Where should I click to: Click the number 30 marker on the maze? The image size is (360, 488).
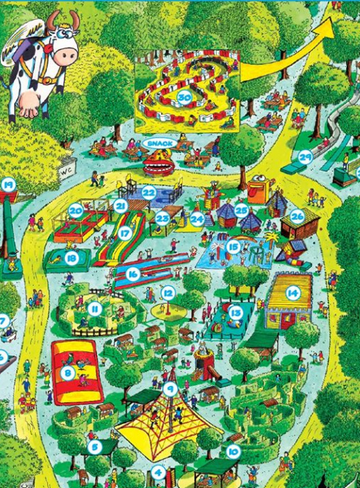(x=184, y=98)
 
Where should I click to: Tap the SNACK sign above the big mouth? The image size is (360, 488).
(x=158, y=142)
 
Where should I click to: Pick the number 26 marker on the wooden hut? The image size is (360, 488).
(x=297, y=216)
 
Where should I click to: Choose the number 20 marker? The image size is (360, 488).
(x=76, y=210)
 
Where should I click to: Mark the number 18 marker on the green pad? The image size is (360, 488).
(x=71, y=257)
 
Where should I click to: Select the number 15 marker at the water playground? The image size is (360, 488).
(x=234, y=248)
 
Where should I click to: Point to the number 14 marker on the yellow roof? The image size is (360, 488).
(x=293, y=293)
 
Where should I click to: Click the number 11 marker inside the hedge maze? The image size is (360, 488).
(x=95, y=309)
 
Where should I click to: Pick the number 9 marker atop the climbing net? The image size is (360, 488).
(x=170, y=390)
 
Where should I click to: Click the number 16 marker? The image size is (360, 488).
(x=133, y=273)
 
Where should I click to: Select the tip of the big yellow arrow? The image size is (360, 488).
(x=331, y=20)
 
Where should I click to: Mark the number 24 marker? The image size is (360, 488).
(x=197, y=218)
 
